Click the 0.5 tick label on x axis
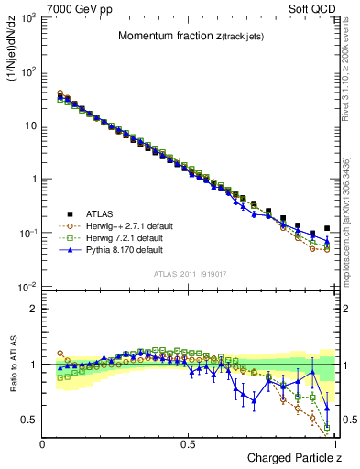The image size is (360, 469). [189, 443]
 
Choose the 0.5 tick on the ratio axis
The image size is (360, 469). [29, 420]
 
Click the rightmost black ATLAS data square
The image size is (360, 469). [327, 228]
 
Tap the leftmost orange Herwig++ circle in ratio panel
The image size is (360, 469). [60, 353]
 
